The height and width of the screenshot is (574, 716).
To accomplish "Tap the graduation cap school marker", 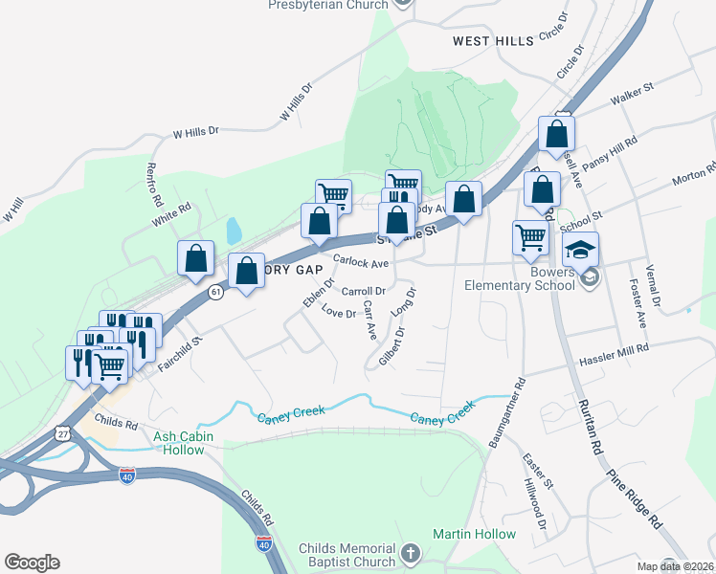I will [x=580, y=252].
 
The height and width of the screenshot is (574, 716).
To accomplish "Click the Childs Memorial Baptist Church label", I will [x=346, y=555].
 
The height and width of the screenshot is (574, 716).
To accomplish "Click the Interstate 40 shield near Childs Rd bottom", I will [x=264, y=543].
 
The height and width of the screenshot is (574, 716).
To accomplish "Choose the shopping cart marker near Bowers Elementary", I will [x=530, y=239].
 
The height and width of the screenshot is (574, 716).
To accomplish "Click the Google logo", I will [x=32, y=563].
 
